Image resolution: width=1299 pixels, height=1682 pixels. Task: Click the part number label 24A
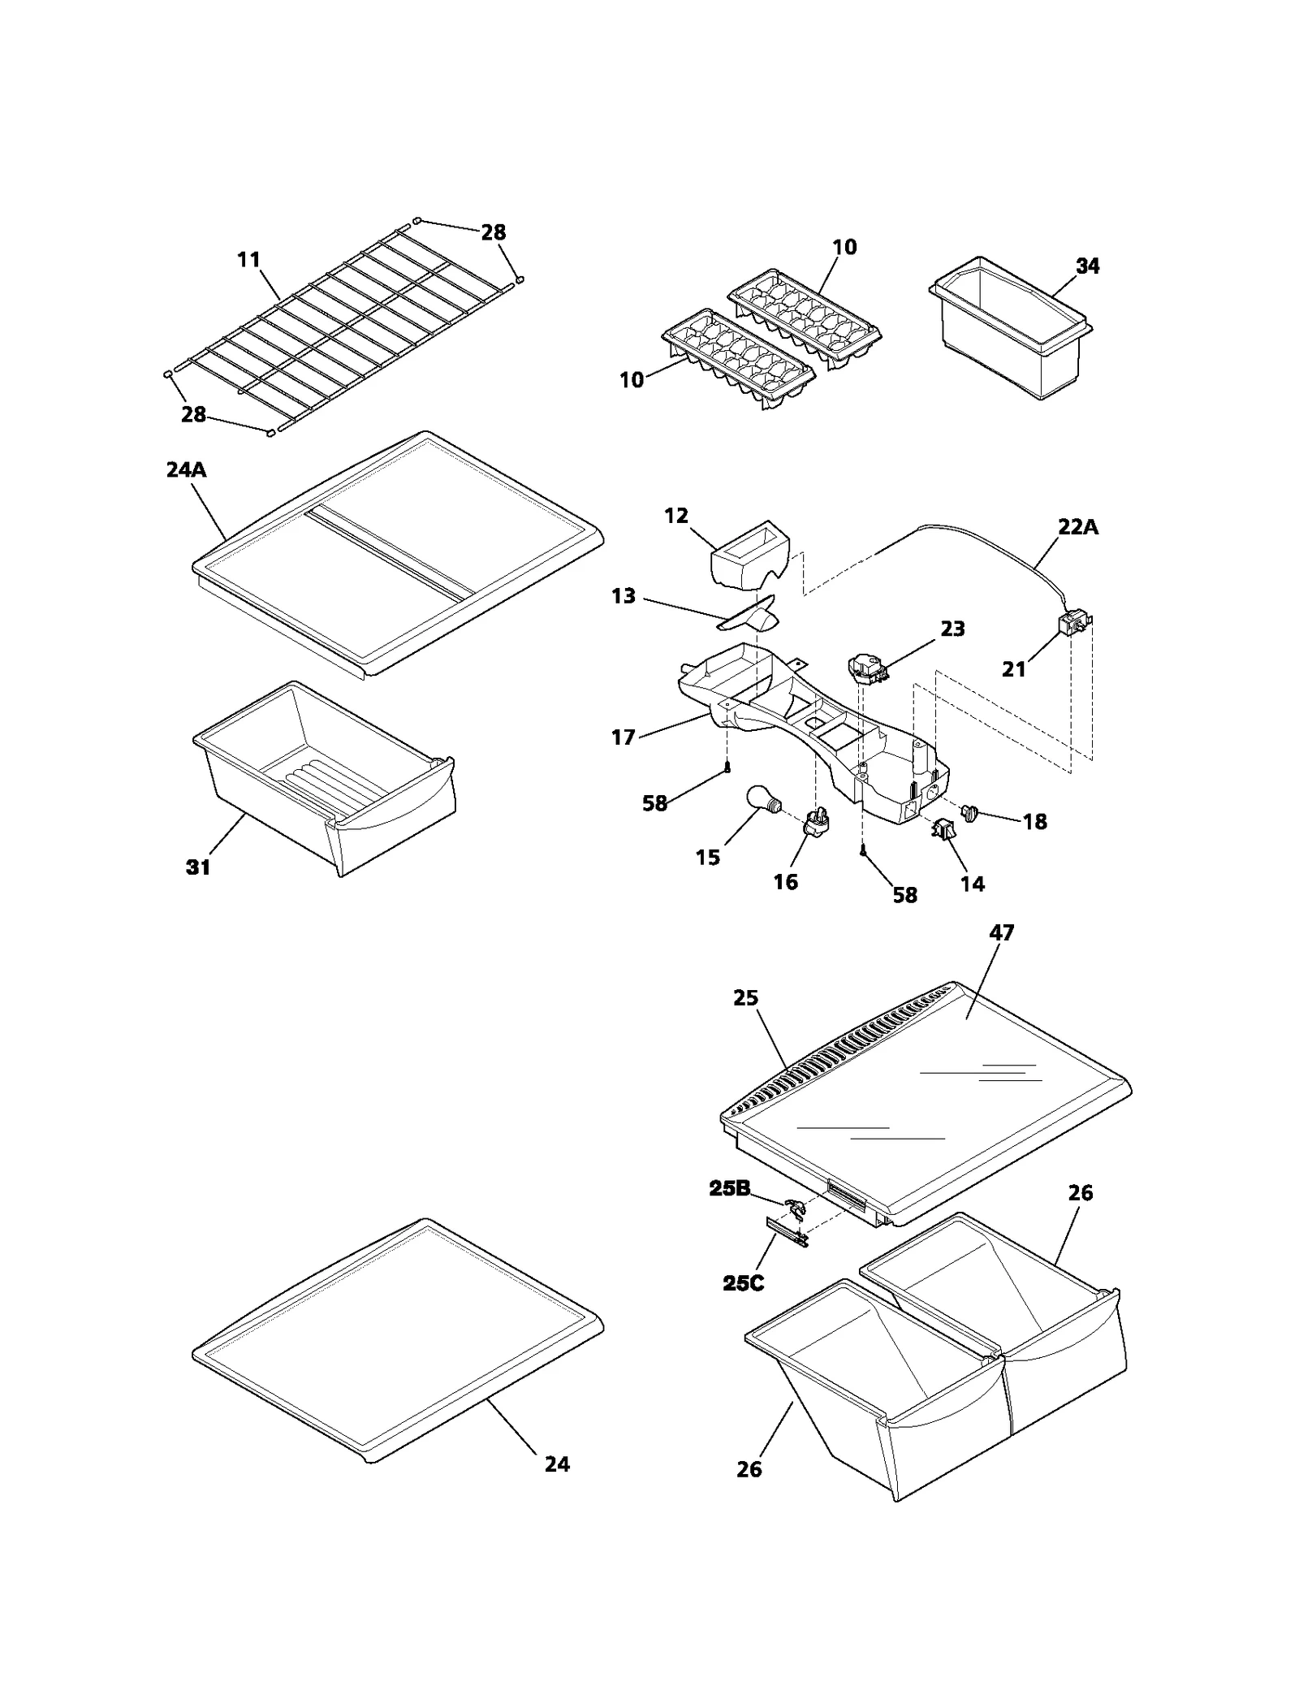click(186, 469)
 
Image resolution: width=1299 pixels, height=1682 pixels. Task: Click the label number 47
click(1001, 932)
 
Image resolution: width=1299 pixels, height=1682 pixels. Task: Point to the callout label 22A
click(1078, 527)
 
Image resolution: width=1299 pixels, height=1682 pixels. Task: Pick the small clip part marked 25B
click(795, 1209)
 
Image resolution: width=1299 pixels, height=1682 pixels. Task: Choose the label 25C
click(743, 1284)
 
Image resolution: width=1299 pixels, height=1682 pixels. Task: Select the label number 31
click(198, 867)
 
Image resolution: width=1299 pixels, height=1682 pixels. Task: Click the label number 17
click(623, 737)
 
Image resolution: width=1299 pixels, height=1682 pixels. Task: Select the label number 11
click(248, 259)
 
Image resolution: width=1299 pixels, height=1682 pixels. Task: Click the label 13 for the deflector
click(623, 596)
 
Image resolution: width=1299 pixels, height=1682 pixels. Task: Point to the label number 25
click(745, 997)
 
